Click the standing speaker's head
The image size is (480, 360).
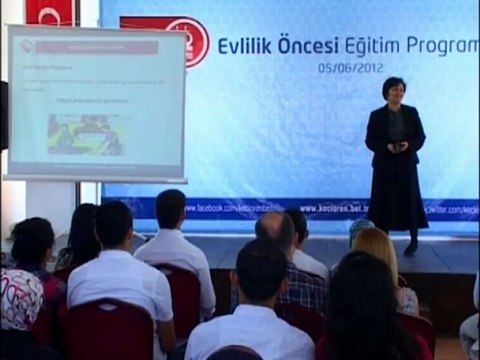tap(393, 90)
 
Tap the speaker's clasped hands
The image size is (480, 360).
tap(397, 146)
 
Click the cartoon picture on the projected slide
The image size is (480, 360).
tap(85, 134)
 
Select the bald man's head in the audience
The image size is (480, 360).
tap(274, 231)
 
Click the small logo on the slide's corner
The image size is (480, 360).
tap(26, 46)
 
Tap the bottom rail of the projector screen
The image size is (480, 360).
tap(94, 178)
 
